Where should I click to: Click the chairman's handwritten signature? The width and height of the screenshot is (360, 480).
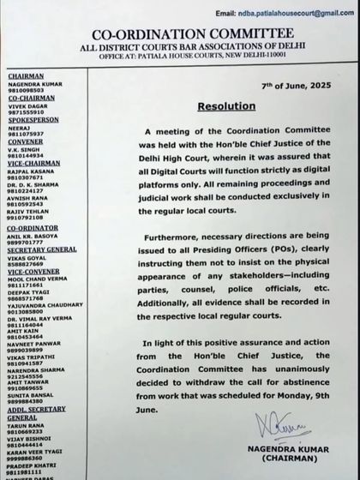[294, 425]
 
